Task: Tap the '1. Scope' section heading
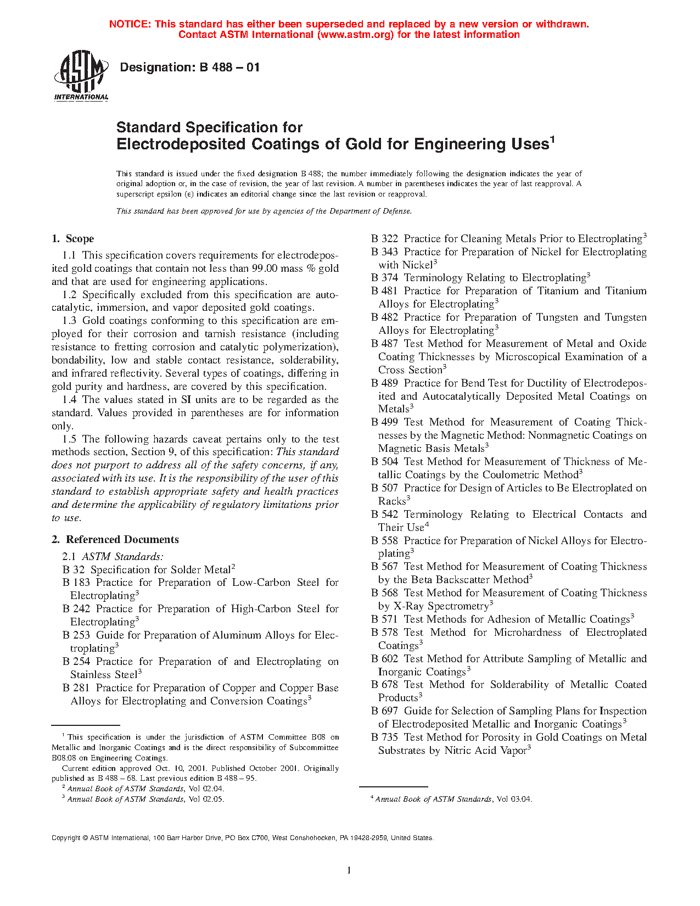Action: pos(72,239)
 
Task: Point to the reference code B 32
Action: pos(74,570)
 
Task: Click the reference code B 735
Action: pos(384,737)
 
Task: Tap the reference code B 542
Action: pos(384,514)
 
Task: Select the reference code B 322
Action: pos(384,239)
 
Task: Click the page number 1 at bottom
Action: pos(349,870)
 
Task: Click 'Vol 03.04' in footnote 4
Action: pos(514,799)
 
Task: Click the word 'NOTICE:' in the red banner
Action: pos(130,24)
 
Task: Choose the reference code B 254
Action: pos(76,662)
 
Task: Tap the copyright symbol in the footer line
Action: pos(85,838)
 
